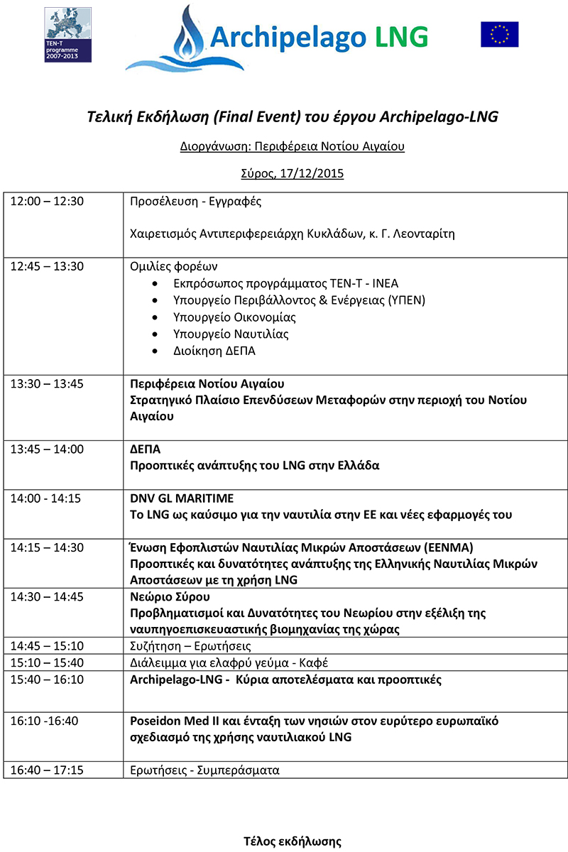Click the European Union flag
[x=499, y=34]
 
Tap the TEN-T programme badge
[x=67, y=33]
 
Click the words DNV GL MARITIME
[x=182, y=498]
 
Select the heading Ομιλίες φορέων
[x=174, y=267]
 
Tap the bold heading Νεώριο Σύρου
[x=170, y=596]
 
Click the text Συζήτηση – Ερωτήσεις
[x=190, y=647]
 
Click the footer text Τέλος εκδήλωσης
[x=293, y=841]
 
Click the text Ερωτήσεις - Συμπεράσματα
[x=204, y=770]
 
